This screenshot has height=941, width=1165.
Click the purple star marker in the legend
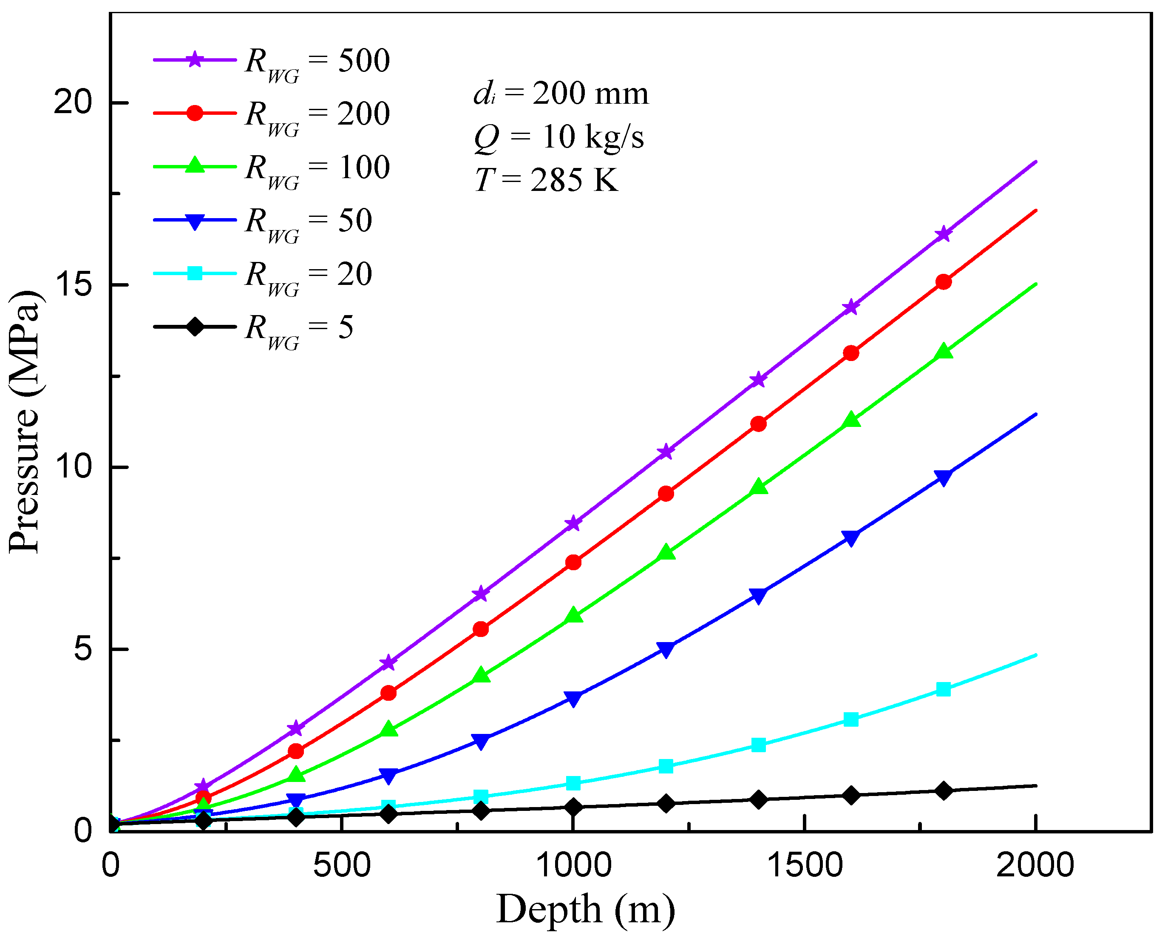(195, 60)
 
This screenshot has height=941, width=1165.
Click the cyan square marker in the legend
(195, 273)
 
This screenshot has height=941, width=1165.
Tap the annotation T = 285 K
(546, 180)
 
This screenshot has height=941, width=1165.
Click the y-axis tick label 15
(73, 284)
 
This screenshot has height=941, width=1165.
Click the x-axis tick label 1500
(805, 865)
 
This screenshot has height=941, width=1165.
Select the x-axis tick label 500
(341, 865)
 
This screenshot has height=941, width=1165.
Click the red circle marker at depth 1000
(573, 563)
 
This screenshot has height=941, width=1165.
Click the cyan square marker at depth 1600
(851, 720)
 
